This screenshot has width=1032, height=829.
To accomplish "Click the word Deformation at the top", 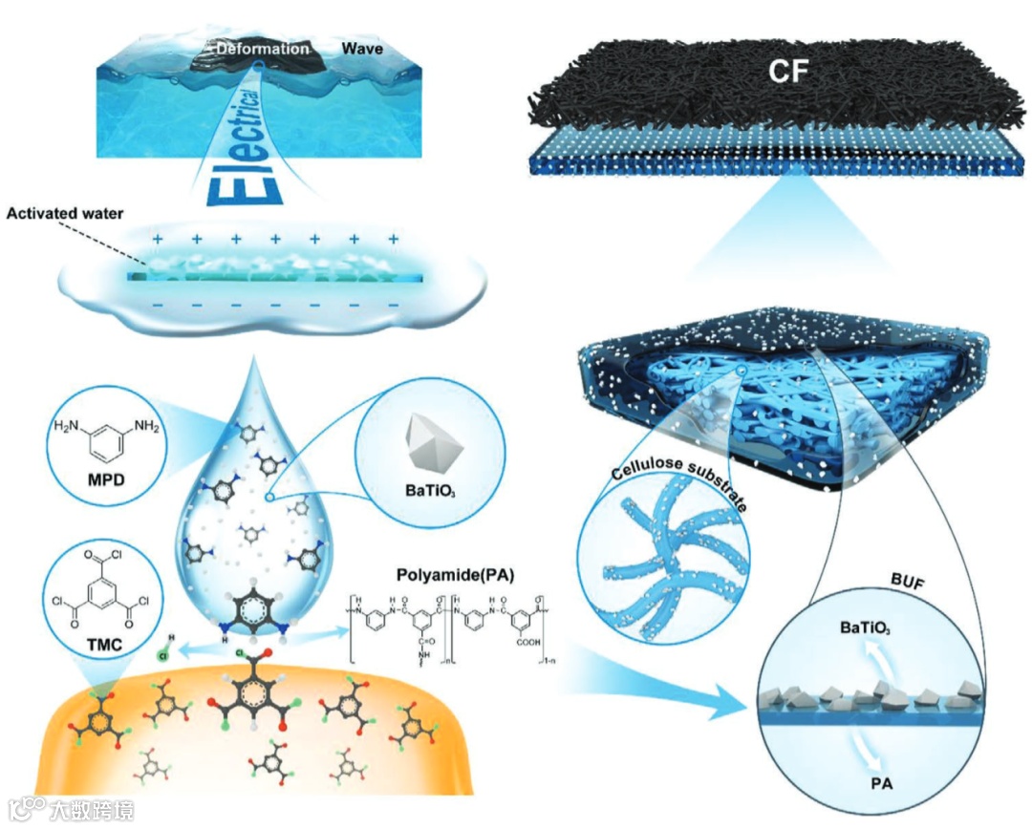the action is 262,49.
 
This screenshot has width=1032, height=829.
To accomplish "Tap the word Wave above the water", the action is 364,48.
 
